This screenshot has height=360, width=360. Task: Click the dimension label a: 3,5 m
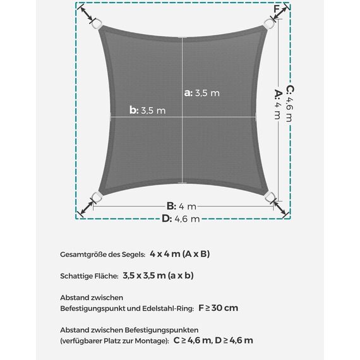tap(202, 93)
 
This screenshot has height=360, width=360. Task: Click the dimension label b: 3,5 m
tap(148, 110)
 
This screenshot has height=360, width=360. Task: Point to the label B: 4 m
tap(182, 206)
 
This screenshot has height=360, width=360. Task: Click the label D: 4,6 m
tap(181, 219)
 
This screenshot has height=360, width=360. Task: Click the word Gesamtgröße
tap(84, 255)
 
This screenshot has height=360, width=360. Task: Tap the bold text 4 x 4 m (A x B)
tap(180, 254)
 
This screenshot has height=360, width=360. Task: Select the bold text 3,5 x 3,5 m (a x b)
tap(159, 275)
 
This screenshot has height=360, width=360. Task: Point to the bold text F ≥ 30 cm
tap(219, 308)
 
